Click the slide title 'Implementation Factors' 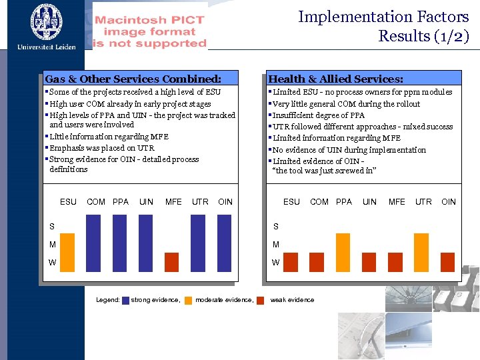(x=383, y=17)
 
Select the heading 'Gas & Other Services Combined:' (x=133, y=79)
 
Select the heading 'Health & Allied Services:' (x=335, y=79)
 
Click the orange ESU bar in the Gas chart (x=68, y=253)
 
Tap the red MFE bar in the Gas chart (x=172, y=263)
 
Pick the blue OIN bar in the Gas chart (x=225, y=243)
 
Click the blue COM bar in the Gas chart (x=95, y=243)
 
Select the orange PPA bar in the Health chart (x=343, y=253)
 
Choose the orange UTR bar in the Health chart (x=421, y=253)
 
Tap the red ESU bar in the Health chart (x=291, y=263)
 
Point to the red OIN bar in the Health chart (x=447, y=263)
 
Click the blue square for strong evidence (x=125, y=300)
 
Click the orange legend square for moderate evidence (x=189, y=300)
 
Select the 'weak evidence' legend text (x=292, y=300)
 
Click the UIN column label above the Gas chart (x=146, y=201)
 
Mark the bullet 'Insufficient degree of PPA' (x=319, y=115)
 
